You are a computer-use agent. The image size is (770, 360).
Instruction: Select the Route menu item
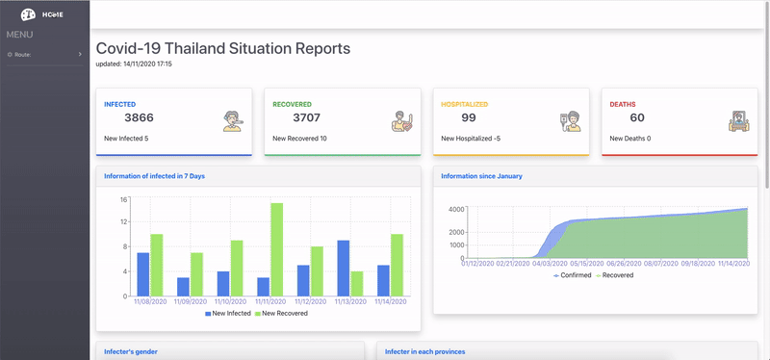point(23,55)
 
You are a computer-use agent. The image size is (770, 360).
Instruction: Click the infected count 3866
point(139,117)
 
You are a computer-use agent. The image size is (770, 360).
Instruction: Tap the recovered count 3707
point(306,117)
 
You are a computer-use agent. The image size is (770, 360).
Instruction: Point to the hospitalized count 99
point(469,117)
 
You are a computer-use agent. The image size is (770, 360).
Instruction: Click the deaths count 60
point(637,117)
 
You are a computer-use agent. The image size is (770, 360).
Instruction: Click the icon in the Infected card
point(231,121)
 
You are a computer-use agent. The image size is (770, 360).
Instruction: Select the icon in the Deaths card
point(736,121)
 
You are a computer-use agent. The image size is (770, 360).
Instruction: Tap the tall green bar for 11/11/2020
point(276,249)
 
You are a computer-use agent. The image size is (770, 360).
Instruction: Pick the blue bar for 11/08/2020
point(143,274)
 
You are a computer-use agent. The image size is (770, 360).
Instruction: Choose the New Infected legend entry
point(227,314)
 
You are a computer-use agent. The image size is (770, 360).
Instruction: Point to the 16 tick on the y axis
point(124,200)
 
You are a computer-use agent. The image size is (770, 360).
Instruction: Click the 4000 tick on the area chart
point(457,209)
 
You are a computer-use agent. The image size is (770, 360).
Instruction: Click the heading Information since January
point(481,176)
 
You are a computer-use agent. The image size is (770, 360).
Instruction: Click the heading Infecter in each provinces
point(424,352)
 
